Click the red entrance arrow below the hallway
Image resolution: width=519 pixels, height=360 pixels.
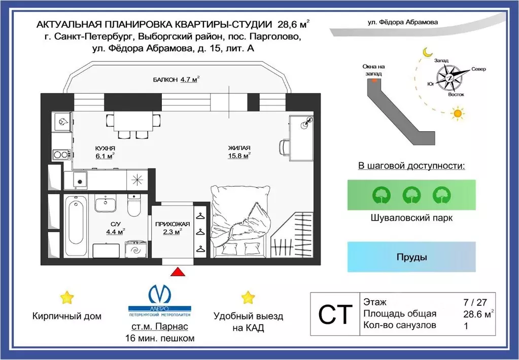(x=177, y=272)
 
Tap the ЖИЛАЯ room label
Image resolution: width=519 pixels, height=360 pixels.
(x=239, y=148)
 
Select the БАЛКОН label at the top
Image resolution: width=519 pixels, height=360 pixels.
(x=165, y=80)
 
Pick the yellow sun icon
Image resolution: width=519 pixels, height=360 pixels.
(x=458, y=114)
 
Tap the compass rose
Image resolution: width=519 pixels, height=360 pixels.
(x=451, y=78)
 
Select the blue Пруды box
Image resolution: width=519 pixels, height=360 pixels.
(x=411, y=257)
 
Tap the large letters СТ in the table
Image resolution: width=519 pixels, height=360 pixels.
(x=334, y=314)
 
